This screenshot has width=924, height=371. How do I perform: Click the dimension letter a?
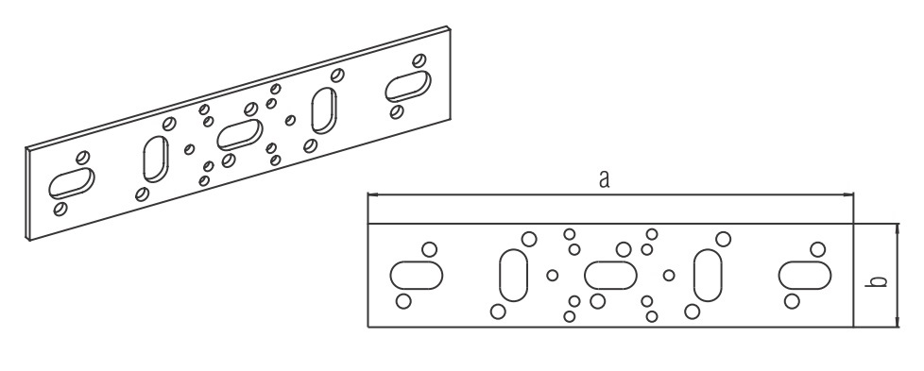click(604, 179)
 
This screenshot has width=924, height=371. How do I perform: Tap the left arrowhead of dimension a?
click(372, 194)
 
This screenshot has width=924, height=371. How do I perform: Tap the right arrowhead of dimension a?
click(848, 194)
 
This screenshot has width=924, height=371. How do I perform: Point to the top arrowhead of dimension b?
click(897, 228)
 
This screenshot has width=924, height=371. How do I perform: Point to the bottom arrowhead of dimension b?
click(897, 322)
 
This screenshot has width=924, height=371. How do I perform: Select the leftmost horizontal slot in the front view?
click(417, 275)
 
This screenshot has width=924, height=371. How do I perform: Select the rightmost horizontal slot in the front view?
click(804, 275)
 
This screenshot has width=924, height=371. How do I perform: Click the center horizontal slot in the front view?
click(610, 275)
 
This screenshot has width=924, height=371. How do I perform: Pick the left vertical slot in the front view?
click(513, 275)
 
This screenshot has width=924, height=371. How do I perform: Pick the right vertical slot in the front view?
click(708, 275)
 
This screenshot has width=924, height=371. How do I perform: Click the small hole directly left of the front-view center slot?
click(552, 275)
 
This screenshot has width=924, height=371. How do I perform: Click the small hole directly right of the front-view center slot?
click(669, 275)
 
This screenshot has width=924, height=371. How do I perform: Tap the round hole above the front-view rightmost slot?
click(817, 249)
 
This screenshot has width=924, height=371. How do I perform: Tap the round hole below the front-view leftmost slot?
click(403, 301)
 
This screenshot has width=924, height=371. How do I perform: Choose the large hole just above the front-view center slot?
click(624, 249)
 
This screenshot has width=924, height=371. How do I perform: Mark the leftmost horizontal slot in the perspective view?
click(71, 183)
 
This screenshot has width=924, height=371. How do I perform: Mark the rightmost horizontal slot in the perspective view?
click(408, 87)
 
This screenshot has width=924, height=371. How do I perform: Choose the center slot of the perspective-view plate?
click(240, 135)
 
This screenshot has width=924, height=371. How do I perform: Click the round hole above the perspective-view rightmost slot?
click(419, 60)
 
